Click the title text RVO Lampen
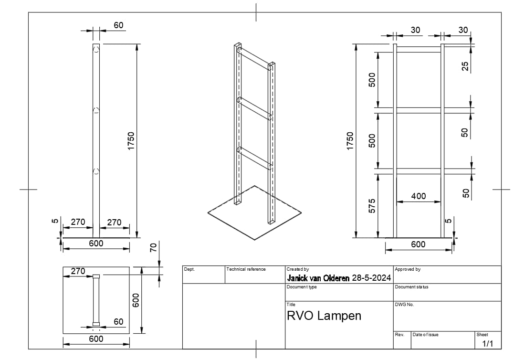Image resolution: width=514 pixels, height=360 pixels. click(x=324, y=316)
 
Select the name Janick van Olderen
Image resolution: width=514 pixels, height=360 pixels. click(x=317, y=278)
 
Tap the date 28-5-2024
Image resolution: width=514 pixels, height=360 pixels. click(x=371, y=278)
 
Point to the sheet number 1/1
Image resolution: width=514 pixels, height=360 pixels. click(x=487, y=344)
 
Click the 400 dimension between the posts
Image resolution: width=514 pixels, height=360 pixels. click(x=418, y=196)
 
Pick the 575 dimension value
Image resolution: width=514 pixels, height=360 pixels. click(x=373, y=205)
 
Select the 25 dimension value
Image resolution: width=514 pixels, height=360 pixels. click(x=465, y=66)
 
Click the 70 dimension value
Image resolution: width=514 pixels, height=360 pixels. click(x=153, y=247)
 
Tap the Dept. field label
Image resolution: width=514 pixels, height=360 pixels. click(x=189, y=269)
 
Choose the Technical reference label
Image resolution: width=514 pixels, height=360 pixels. click(x=246, y=269)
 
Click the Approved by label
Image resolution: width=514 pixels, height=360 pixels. click(x=408, y=269)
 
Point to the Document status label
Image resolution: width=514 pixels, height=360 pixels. click(x=411, y=287)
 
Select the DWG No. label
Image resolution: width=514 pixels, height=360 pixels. click(x=404, y=305)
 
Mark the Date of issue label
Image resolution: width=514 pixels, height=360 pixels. click(x=425, y=335)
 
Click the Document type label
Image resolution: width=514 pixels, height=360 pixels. click(x=302, y=287)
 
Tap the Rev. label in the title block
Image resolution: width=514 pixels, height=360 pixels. click(x=399, y=335)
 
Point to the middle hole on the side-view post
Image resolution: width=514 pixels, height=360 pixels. click(x=96, y=111)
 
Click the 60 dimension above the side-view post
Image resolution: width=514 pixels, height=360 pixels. click(x=118, y=25)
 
